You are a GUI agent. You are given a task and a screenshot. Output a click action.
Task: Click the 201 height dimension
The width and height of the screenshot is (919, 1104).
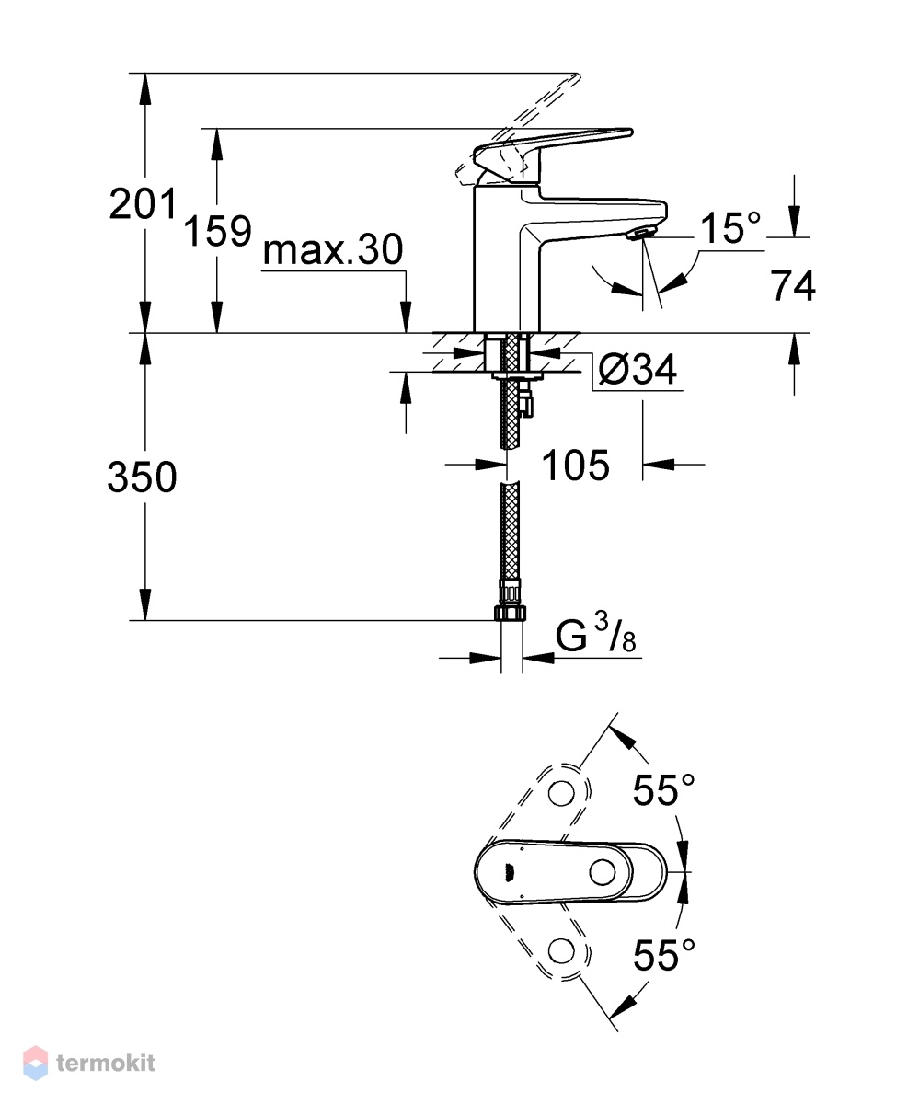143,204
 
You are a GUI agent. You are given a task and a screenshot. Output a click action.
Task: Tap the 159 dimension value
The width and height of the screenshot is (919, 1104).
217,231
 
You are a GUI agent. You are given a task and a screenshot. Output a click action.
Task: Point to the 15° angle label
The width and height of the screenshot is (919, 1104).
730,227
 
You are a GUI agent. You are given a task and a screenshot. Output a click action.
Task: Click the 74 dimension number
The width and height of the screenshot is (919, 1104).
793,285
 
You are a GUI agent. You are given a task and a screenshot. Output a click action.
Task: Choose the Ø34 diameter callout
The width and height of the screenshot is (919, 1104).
638,369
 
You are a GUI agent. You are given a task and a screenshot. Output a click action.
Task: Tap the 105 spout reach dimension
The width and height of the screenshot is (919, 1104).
576,466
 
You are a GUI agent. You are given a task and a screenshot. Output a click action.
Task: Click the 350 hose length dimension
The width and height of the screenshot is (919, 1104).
142,477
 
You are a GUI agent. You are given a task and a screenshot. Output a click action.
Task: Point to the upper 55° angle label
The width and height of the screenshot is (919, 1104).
663,790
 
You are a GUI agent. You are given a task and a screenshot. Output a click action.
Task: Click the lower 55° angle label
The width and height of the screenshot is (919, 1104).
663,955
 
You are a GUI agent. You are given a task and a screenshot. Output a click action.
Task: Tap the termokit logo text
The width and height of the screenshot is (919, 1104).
106,1063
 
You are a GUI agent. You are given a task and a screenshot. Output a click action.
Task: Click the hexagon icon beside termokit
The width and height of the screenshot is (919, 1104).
36,1063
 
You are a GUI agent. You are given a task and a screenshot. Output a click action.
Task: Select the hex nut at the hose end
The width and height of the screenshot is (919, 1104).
511,613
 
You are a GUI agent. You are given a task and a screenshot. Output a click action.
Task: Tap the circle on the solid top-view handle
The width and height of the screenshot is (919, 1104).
603,872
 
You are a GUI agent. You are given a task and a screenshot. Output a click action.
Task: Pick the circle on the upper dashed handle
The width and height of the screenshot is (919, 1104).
561,792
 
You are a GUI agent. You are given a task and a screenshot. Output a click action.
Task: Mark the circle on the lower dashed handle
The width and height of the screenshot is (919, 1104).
561,951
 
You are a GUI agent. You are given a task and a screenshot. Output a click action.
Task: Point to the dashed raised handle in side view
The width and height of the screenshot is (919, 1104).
518,130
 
